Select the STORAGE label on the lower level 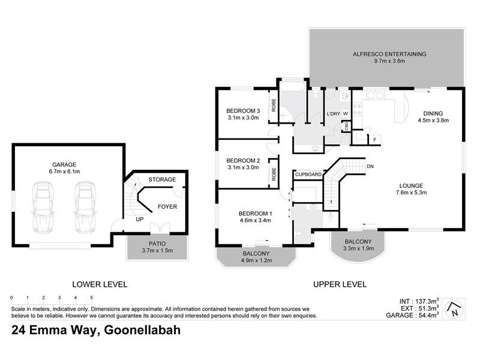coord(162,179)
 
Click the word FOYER coord(167,207)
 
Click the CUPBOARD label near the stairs coord(308,175)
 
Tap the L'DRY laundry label coord(333,114)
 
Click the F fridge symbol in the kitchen coord(374,139)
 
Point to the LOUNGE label coord(411,185)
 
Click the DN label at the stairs coord(370,166)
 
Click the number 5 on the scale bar coord(91,298)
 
